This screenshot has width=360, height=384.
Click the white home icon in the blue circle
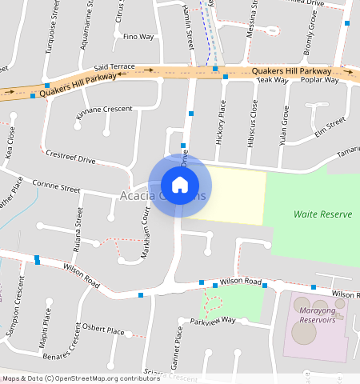(180, 186)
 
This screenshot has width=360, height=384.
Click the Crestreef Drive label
(70, 156)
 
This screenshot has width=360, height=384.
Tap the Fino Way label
(138, 37)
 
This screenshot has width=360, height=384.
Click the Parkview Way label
(213, 321)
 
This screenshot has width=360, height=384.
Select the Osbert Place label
(104, 329)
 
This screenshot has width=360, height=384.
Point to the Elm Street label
(330, 127)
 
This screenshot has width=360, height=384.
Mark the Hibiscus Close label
(254, 122)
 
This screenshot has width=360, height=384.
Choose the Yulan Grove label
(283, 124)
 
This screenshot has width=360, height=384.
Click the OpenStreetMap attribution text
(82, 378)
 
